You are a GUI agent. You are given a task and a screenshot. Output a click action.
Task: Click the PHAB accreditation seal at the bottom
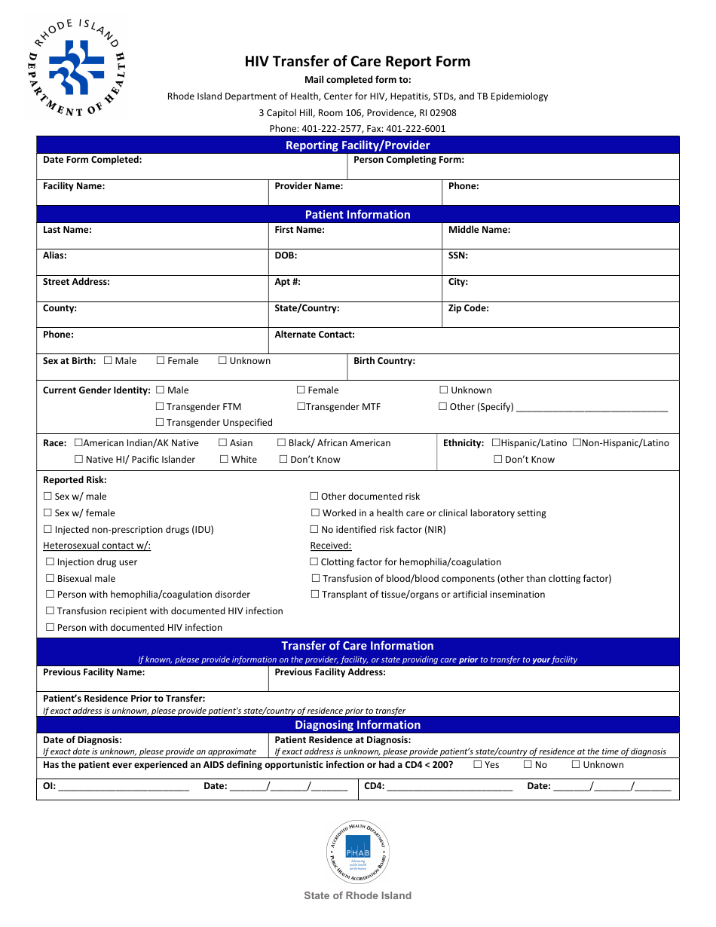click(358, 852)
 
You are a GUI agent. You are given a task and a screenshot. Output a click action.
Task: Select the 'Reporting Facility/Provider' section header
click(357, 145)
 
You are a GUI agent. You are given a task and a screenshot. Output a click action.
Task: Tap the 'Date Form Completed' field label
click(92, 160)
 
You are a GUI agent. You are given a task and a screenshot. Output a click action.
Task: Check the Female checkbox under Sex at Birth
click(161, 361)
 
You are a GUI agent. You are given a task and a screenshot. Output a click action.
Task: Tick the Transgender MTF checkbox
click(301, 407)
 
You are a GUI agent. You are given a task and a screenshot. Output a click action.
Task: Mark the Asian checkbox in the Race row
click(222, 443)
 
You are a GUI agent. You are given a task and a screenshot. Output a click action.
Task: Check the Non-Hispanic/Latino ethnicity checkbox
click(577, 443)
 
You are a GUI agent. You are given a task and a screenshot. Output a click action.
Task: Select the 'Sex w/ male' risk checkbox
click(48, 497)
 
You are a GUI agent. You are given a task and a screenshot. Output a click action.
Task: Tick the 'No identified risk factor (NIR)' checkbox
click(315, 530)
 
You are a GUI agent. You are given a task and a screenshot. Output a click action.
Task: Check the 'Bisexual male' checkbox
click(50, 579)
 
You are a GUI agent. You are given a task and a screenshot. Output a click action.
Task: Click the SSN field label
click(457, 255)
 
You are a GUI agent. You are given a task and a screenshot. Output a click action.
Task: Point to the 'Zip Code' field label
click(468, 308)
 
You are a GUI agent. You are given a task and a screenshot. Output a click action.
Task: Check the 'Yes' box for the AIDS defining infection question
click(478, 765)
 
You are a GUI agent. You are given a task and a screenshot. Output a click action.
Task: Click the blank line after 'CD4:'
click(449, 788)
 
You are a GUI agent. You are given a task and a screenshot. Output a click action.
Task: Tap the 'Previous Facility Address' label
click(330, 672)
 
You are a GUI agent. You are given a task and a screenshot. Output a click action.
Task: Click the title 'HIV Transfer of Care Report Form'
click(357, 62)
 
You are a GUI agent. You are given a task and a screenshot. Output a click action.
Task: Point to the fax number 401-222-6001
click(416, 129)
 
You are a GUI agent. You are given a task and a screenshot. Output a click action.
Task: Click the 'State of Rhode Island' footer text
click(357, 896)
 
